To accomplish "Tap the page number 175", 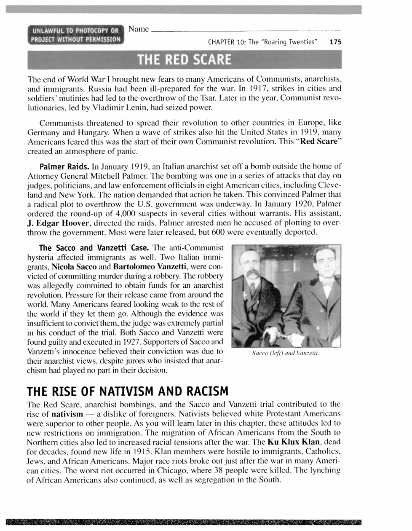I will click(335, 42).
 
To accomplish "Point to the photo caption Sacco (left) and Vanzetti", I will click(286, 353).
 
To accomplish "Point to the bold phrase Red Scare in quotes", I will click(319, 141).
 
